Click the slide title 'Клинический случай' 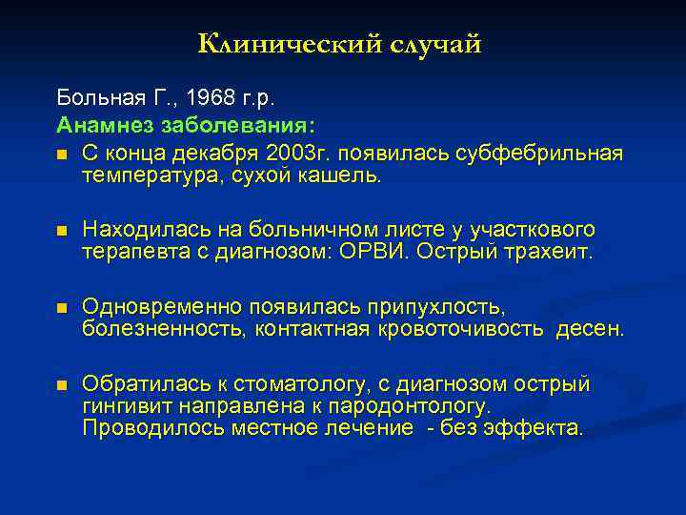coord(340,44)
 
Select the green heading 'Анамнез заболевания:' coord(189,126)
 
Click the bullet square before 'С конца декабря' coord(62,154)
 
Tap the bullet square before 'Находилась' coord(62,231)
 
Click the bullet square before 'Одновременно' coord(62,308)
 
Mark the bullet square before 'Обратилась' coord(62,385)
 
